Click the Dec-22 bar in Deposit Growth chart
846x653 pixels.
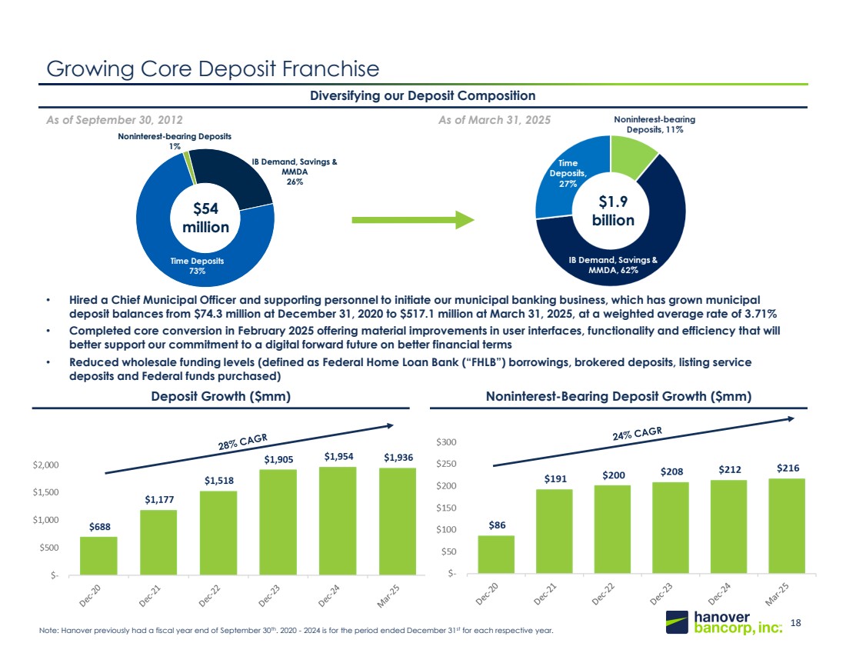pos(218,532)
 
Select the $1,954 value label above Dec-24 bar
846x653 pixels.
pos(338,457)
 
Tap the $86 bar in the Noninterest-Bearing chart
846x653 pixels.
pos(496,554)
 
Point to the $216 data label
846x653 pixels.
pos(787,468)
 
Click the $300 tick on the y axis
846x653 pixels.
pos(447,442)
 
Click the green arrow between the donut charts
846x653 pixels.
pos(413,221)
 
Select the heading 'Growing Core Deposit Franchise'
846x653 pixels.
pos(213,69)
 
